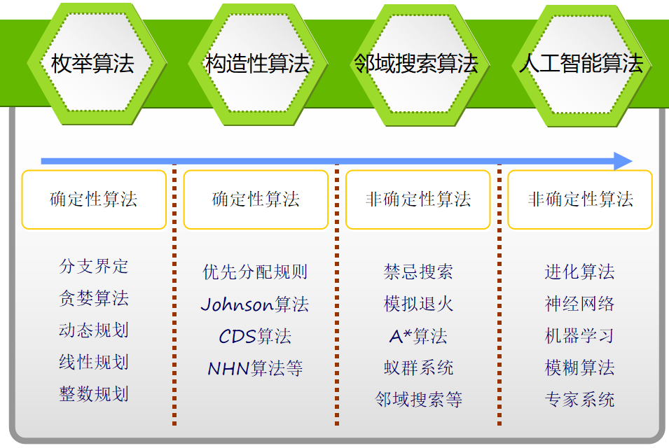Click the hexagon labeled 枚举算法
pos(97,64)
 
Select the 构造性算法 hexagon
pos(258,64)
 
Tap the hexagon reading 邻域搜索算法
pos(420,65)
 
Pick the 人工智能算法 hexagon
pos(581,66)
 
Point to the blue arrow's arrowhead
pos(623,161)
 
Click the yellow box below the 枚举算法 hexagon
pos(94,199)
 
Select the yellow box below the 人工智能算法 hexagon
pos(580,199)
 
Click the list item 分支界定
pos(94,267)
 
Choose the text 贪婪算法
pos(94,298)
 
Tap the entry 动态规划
pos(94,330)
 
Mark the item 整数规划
pos(94,394)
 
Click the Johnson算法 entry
pos(255,304)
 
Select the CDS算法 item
pos(255,336)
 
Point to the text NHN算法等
pos(255,368)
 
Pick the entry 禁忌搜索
pos(418,272)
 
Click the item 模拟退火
pos(418,304)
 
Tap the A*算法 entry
pos(418,336)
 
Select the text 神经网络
pos(579,304)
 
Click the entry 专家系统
pos(579,400)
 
